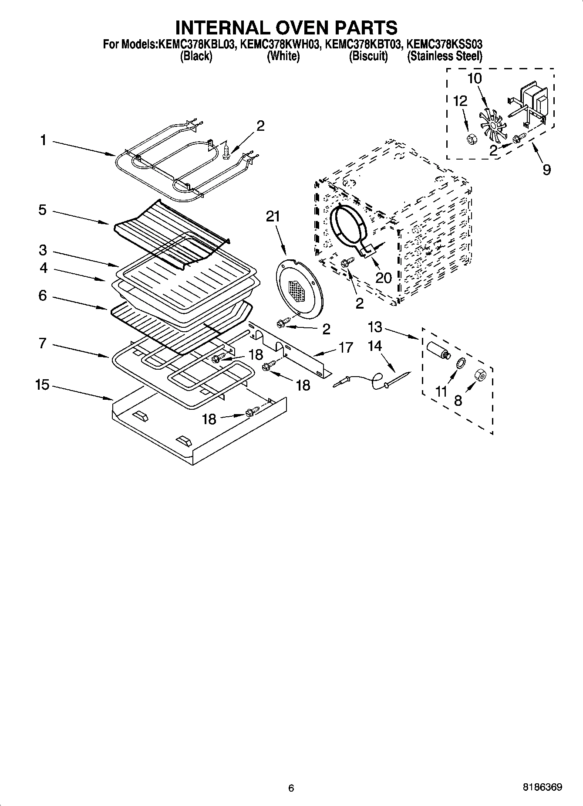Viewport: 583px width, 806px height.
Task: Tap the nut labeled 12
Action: click(x=470, y=139)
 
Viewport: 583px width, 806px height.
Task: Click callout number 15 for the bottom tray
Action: click(x=42, y=385)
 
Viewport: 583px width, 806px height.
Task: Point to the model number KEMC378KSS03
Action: click(x=444, y=44)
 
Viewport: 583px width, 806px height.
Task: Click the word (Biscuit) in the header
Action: click(x=368, y=56)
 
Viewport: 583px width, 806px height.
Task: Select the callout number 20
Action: click(x=383, y=277)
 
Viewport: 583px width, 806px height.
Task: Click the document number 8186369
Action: click(x=542, y=787)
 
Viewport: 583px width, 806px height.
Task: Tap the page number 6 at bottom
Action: click(x=291, y=788)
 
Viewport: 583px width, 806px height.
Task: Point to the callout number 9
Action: click(x=546, y=169)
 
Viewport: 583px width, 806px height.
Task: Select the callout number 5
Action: click(x=42, y=210)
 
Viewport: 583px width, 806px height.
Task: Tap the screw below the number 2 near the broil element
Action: click(x=226, y=152)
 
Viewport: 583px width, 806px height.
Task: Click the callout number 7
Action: click(x=42, y=343)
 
